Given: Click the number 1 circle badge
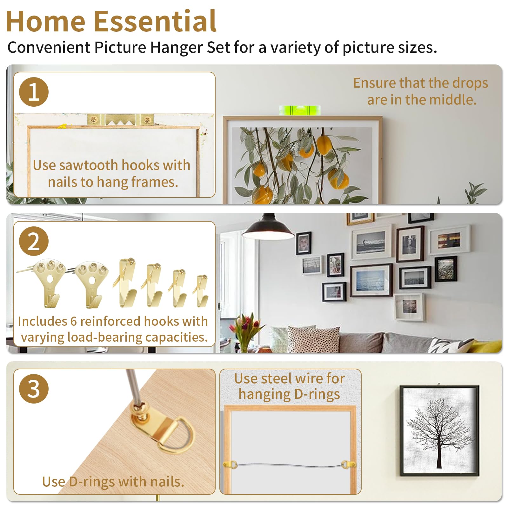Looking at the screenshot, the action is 34,92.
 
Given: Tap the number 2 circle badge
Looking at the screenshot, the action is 34,241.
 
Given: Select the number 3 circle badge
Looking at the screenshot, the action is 34,389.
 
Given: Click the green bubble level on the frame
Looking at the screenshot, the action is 299,110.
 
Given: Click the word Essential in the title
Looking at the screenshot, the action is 155,21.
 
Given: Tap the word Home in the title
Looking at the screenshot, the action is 46,21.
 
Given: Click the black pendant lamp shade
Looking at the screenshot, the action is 268,229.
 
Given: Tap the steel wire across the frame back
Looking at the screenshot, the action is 290,465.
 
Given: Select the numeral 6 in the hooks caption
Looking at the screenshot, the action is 74,321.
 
